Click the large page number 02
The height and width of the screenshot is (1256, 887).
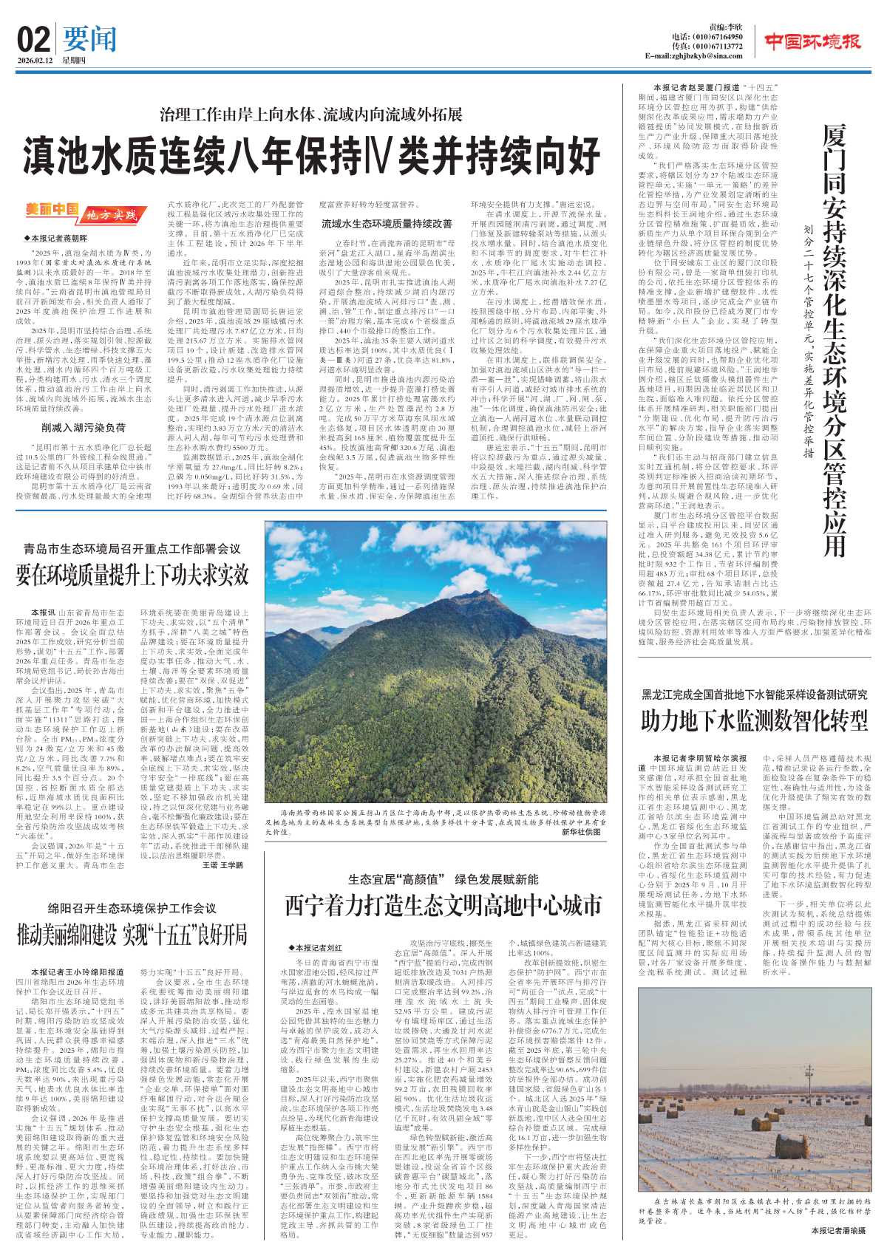(x=33, y=38)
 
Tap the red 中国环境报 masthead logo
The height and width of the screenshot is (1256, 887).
(x=813, y=41)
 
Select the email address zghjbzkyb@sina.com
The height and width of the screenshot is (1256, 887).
(x=694, y=56)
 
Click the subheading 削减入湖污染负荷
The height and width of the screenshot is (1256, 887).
(x=83, y=427)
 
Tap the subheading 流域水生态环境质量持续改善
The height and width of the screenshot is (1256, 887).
(x=386, y=223)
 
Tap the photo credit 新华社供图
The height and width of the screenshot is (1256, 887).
(x=582, y=832)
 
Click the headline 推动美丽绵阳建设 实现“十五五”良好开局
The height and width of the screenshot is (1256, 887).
(x=132, y=935)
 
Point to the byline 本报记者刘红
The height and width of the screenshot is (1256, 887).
(x=316, y=947)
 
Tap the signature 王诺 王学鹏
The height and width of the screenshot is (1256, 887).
(x=222, y=864)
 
